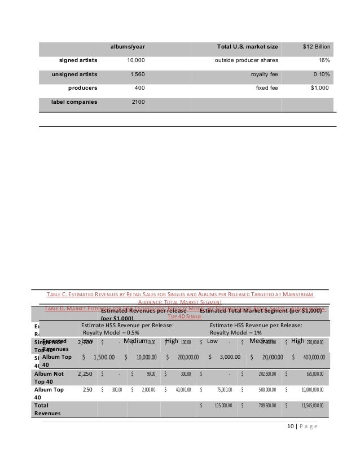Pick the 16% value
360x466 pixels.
[324, 60]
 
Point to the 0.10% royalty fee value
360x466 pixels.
[322, 74]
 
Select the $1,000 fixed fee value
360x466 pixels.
[319, 88]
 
